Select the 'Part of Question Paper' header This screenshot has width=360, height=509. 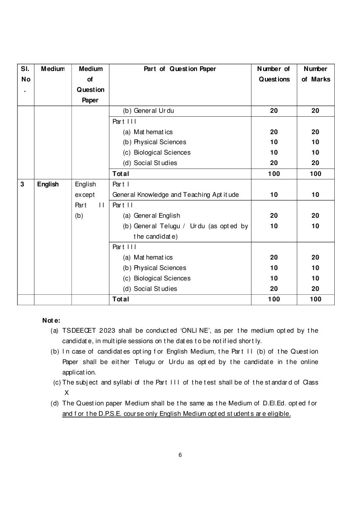coord(180,69)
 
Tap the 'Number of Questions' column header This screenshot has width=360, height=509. coord(274,74)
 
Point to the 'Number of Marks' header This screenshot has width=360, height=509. coord(316,74)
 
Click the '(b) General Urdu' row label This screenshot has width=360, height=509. coord(148,111)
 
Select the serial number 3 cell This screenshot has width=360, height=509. coord(22,184)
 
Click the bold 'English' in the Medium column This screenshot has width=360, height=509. coord(48,184)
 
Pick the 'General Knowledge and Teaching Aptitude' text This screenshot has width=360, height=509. coord(175,195)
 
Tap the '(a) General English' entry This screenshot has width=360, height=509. coord(151,216)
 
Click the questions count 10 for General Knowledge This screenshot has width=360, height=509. coord(274,195)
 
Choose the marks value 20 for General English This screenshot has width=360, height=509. coord(315,216)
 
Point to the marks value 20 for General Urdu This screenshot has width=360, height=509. coord(315,111)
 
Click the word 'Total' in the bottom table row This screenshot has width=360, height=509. coord(121,299)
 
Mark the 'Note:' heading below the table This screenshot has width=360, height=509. coord(51,320)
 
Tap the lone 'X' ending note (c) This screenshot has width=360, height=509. coord(67,392)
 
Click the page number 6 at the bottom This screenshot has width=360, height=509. coord(180,455)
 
